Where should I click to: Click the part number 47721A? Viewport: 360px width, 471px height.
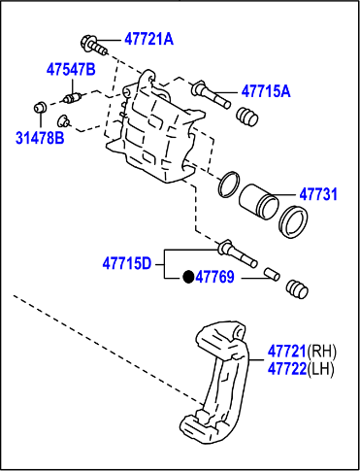(x=147, y=40)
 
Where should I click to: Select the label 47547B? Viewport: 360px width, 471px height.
(x=71, y=69)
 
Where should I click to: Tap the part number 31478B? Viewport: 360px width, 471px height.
(x=39, y=138)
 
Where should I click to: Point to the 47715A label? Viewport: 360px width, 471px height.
(x=266, y=91)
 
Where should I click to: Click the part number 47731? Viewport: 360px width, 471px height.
(x=317, y=194)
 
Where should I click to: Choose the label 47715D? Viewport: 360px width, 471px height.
(x=127, y=261)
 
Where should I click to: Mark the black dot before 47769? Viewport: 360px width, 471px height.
(x=189, y=277)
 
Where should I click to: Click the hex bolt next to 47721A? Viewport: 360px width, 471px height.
(x=89, y=43)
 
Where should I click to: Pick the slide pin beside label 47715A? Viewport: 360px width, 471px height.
(x=212, y=93)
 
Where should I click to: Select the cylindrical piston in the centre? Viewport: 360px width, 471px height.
(x=259, y=199)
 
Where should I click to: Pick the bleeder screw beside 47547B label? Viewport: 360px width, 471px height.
(x=70, y=98)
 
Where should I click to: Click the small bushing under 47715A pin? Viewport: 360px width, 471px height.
(x=246, y=117)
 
